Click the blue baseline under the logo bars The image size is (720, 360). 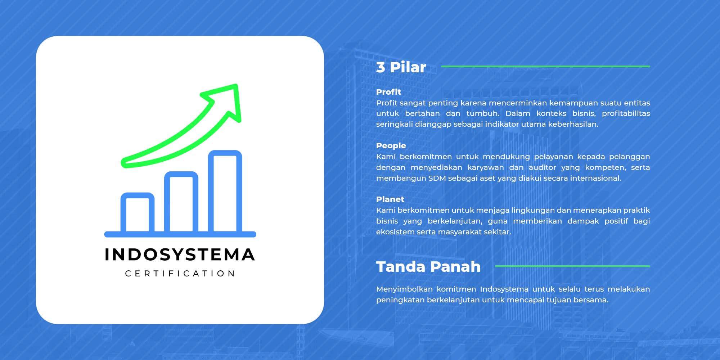[180, 234]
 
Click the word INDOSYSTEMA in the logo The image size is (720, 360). [180, 255]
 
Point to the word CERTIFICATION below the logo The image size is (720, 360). [180, 274]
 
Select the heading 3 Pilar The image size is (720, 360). [401, 67]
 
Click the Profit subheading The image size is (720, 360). [388, 92]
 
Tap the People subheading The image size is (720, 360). [391, 145]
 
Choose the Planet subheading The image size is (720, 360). [390, 199]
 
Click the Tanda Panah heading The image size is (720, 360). [428, 267]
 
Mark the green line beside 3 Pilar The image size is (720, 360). [545, 66]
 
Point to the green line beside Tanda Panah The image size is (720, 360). [572, 266]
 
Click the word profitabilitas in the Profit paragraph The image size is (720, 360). [626, 113]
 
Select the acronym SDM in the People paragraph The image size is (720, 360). [437, 178]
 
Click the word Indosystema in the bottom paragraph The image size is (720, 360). [504, 289]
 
